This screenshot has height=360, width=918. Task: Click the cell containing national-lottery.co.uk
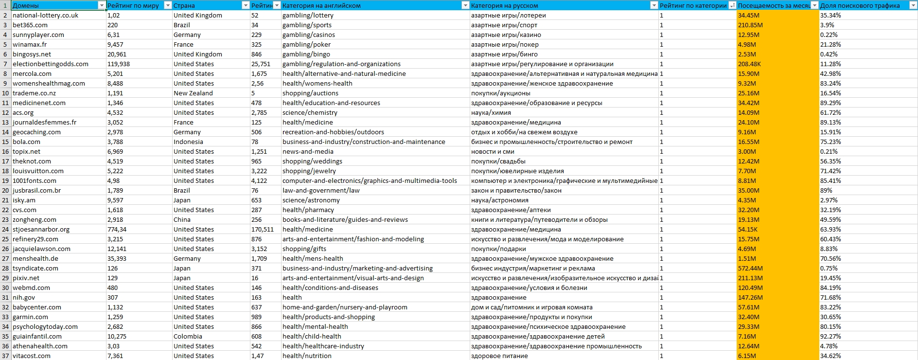point(45,15)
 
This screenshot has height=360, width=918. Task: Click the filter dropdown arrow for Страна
point(246,5)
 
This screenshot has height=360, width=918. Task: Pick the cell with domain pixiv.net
point(26,278)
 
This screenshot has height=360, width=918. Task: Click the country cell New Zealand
point(193,93)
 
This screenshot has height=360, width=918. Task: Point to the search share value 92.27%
point(830,336)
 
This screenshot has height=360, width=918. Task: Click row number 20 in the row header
point(5,190)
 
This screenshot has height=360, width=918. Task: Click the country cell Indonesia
point(188,142)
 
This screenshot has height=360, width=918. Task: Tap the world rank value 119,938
point(119,64)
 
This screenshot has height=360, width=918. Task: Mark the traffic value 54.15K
point(747,229)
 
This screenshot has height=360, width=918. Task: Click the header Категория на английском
point(321,5)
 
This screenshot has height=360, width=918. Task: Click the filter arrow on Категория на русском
point(654,5)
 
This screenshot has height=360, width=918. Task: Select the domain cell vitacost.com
point(32,356)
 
